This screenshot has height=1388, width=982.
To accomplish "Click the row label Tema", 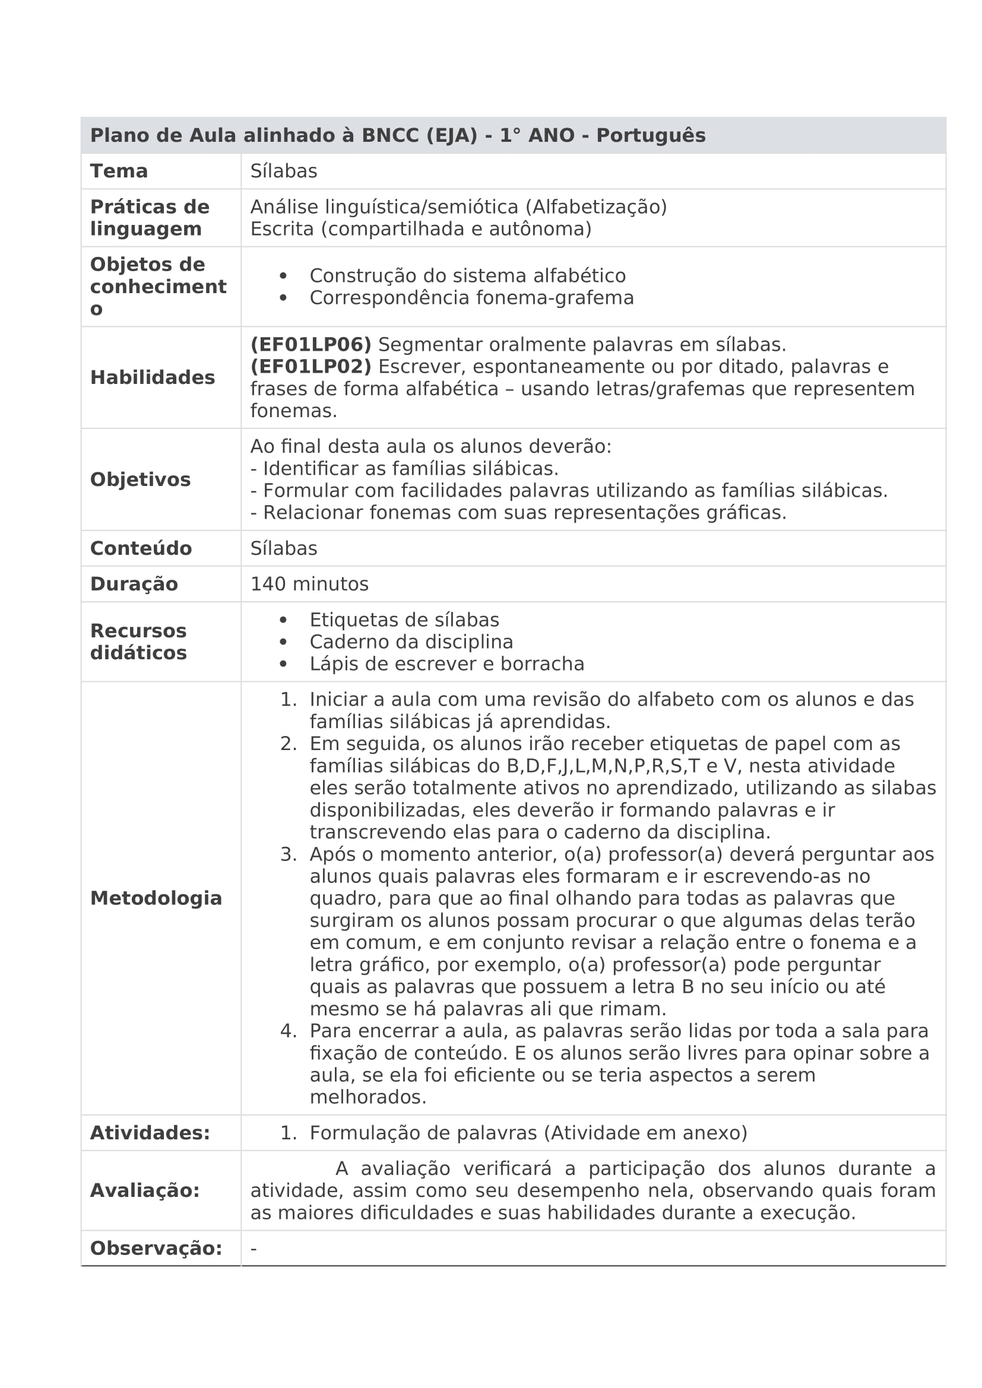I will (119, 171).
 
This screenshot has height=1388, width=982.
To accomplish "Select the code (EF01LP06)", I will (311, 345).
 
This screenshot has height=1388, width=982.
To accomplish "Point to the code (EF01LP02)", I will (311, 366).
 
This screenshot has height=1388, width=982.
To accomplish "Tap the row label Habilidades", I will (153, 377).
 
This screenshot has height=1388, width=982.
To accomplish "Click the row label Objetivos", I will (140, 479).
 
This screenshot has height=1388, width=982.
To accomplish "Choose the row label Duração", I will (134, 584).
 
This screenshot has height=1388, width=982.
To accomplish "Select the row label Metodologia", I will (156, 898).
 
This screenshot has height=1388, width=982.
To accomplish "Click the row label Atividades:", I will (150, 1133).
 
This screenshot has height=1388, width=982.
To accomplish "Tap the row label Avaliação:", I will (144, 1191).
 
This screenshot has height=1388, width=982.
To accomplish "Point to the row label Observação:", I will (156, 1249).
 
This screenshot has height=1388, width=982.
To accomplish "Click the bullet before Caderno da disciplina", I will (283, 641).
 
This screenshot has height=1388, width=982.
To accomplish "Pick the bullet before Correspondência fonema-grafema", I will (283, 297).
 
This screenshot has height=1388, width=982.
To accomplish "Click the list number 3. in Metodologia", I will (289, 854).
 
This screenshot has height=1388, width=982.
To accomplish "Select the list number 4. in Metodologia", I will (289, 1031).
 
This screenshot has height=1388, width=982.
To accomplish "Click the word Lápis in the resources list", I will (332, 664).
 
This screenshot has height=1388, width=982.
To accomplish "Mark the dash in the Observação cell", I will (254, 1249).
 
